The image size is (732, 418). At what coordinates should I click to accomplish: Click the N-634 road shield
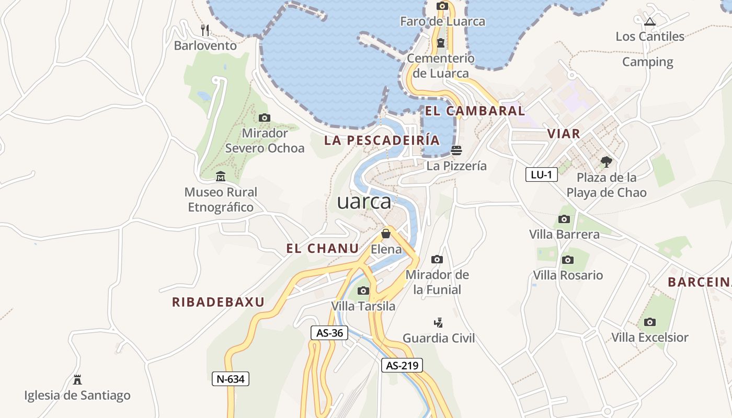230,379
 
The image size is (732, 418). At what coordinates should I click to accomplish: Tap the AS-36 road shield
329,333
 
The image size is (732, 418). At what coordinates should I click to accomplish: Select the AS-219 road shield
402,366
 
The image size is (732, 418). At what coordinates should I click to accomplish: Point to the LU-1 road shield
541,175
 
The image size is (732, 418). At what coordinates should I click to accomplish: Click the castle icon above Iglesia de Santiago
77,379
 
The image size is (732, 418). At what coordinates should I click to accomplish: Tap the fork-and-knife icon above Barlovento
205,30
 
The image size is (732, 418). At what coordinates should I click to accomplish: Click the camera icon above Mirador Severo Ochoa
265,118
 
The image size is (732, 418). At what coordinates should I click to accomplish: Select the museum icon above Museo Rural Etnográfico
220,176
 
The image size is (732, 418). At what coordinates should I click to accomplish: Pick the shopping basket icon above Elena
386,234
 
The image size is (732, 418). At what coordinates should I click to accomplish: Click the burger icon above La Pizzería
456,150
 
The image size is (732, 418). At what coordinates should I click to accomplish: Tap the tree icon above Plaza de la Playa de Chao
607,161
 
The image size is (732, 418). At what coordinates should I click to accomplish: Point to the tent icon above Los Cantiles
650,21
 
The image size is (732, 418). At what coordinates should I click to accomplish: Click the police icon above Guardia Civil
439,322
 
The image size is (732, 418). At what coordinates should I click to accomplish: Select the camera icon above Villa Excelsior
650,322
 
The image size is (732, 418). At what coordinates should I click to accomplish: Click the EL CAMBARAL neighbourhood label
475,111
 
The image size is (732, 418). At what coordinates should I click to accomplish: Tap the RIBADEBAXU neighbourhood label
218,302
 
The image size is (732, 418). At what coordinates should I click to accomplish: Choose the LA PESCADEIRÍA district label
382,140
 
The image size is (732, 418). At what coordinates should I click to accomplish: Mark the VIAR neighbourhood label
564,134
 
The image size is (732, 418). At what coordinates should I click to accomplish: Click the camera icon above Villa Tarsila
363,291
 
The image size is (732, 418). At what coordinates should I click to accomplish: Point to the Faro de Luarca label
442,21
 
